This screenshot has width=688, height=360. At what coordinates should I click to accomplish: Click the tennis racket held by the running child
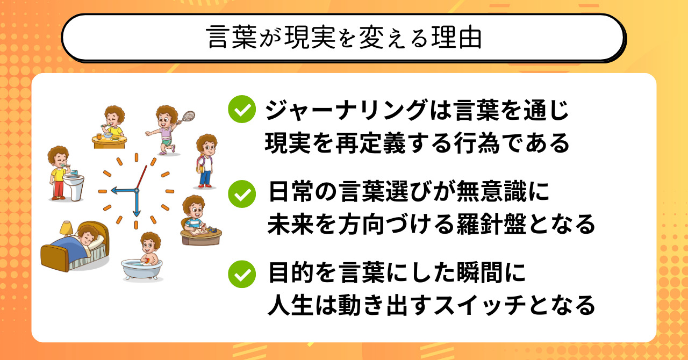pyautogui.click(x=188, y=117)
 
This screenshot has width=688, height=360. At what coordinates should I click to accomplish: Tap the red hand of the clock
pyautogui.click(x=141, y=177)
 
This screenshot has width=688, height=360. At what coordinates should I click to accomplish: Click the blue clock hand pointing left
pyautogui.click(x=124, y=191)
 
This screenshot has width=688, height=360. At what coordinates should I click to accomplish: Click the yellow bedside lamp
pyautogui.click(x=66, y=228)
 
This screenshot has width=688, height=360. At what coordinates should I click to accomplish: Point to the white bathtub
pyautogui.click(x=141, y=270)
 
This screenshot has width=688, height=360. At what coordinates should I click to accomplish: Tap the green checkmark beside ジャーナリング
pyautogui.click(x=242, y=109)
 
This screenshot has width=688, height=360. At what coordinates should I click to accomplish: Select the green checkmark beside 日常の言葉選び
pyautogui.click(x=242, y=194)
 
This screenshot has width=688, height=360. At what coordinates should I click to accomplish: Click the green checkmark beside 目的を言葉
pyautogui.click(x=242, y=274)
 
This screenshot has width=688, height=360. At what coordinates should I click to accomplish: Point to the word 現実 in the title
pyautogui.click(x=310, y=38)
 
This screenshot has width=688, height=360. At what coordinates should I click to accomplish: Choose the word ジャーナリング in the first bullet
pyautogui.click(x=346, y=110)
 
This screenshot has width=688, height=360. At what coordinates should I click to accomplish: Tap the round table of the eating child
pyautogui.click(x=109, y=142)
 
